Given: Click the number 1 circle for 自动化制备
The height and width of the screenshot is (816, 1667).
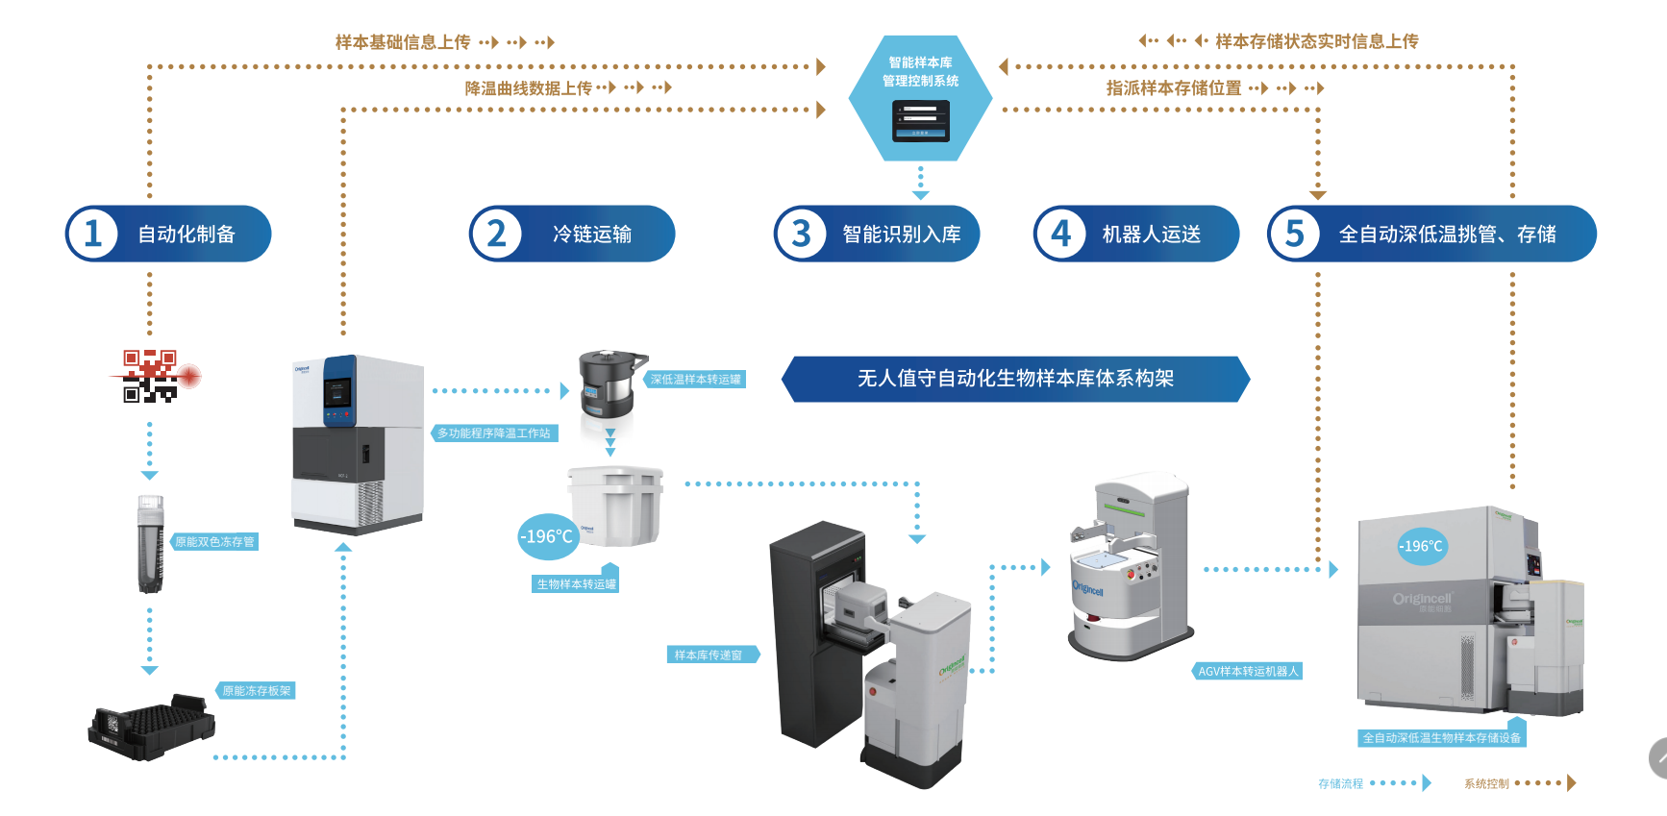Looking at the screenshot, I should pyautogui.click(x=92, y=234).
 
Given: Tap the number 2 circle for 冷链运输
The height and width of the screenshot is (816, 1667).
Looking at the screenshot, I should pyautogui.click(x=496, y=234).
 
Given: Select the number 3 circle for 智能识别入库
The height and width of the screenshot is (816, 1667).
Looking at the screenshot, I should pyautogui.click(x=801, y=234).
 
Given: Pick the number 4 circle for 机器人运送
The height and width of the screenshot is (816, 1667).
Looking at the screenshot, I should pyautogui.click(x=1060, y=234).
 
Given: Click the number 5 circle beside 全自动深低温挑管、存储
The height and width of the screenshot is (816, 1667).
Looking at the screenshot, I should pyautogui.click(x=1295, y=234).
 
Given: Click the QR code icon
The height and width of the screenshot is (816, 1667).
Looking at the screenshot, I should pyautogui.click(x=151, y=376).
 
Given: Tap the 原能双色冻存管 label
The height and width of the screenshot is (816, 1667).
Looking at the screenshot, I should pyautogui.click(x=214, y=542).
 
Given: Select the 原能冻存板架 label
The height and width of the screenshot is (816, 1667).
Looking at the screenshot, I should pyautogui.click(x=257, y=691).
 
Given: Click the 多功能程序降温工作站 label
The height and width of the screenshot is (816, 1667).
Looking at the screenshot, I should pyautogui.click(x=494, y=433).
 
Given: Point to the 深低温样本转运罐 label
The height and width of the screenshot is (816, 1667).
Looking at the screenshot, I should pyautogui.click(x=695, y=380).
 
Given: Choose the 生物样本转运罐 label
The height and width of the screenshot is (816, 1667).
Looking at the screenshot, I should pyautogui.click(x=576, y=584).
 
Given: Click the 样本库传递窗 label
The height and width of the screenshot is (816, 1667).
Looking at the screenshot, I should pyautogui.click(x=709, y=655).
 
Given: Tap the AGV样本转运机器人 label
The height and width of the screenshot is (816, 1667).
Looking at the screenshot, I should pyautogui.click(x=1248, y=672).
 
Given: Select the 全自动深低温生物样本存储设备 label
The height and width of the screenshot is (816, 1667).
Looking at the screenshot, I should pyautogui.click(x=1441, y=738).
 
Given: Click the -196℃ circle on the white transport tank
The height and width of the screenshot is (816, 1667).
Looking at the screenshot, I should pyautogui.click(x=547, y=536).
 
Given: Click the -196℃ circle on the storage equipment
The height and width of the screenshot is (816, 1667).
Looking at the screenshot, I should pyautogui.click(x=1421, y=546).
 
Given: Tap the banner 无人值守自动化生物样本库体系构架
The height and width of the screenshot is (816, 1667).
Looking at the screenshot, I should pyautogui.click(x=1015, y=379).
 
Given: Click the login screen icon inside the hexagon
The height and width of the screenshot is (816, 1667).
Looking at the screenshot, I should pyautogui.click(x=920, y=121).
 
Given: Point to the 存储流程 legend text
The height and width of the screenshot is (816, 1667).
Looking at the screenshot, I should pyautogui.click(x=1340, y=784).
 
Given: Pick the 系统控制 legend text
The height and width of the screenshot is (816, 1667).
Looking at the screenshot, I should pyautogui.click(x=1486, y=784).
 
